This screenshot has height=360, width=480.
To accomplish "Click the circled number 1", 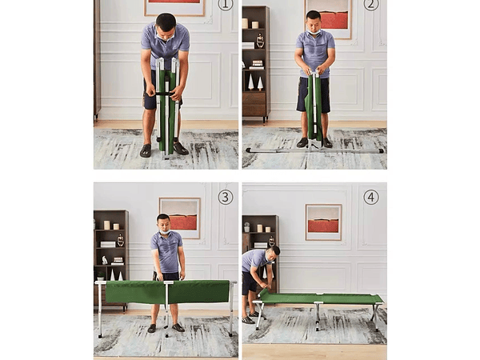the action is tap(226, 4).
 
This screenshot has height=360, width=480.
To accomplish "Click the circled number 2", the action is tap(370, 4).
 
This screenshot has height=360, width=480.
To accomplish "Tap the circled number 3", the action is tap(226, 198).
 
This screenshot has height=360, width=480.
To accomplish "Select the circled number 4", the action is tap(371, 198).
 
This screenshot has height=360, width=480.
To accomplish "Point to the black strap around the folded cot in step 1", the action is tap(166, 94).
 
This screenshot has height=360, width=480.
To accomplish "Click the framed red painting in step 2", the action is tap(329, 18).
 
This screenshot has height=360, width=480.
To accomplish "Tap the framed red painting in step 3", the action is tap(179, 218).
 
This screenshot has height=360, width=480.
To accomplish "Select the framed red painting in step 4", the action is tap(323, 222).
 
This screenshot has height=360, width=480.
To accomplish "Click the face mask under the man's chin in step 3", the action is tap(165, 232).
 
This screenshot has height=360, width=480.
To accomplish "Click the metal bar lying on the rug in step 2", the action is tap(314, 150).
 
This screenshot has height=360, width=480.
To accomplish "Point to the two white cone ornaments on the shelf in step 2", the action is tap(256, 83).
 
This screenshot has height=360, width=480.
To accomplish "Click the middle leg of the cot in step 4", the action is tap(318, 316).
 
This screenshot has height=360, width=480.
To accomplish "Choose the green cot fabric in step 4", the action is tap(322, 298).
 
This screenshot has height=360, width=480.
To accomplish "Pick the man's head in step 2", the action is tap(314, 21).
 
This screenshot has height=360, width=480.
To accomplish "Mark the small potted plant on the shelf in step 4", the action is tap(246, 227).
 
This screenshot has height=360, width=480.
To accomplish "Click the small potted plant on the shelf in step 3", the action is tap(100, 276).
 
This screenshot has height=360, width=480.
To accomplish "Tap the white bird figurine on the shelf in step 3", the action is tap(105, 261).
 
